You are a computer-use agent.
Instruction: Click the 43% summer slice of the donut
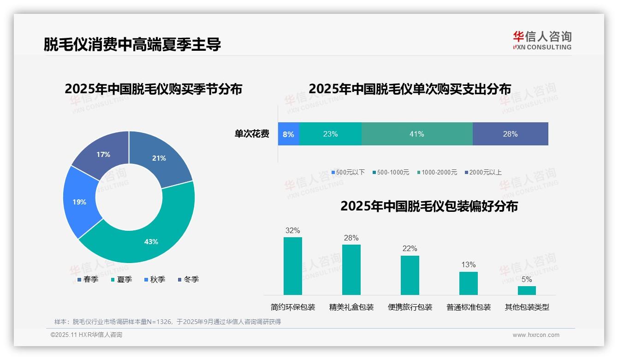coord(152,238)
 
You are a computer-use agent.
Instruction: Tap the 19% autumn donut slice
coord(79,202)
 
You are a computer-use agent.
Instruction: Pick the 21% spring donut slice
coord(160,158)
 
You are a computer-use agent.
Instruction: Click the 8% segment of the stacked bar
coord(288,134)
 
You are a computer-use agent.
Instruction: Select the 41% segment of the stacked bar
coord(416,134)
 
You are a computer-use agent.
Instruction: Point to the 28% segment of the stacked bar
coord(510,134)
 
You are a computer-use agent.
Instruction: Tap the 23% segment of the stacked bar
coord(330,134)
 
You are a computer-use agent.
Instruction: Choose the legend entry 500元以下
coord(348,172)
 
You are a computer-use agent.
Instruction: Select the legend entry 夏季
coord(122,279)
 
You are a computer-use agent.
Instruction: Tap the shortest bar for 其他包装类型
coord(527,290)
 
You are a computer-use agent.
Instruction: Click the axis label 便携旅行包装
coord(410,307)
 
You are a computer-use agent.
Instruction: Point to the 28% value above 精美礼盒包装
coord(351,238)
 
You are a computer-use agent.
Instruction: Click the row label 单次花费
coord(252,134)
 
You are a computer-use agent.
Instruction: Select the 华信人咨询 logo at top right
coord(542,40)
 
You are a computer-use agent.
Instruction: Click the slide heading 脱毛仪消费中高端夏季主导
coord(132,44)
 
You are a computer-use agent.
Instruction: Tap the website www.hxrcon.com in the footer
coord(535,335)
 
